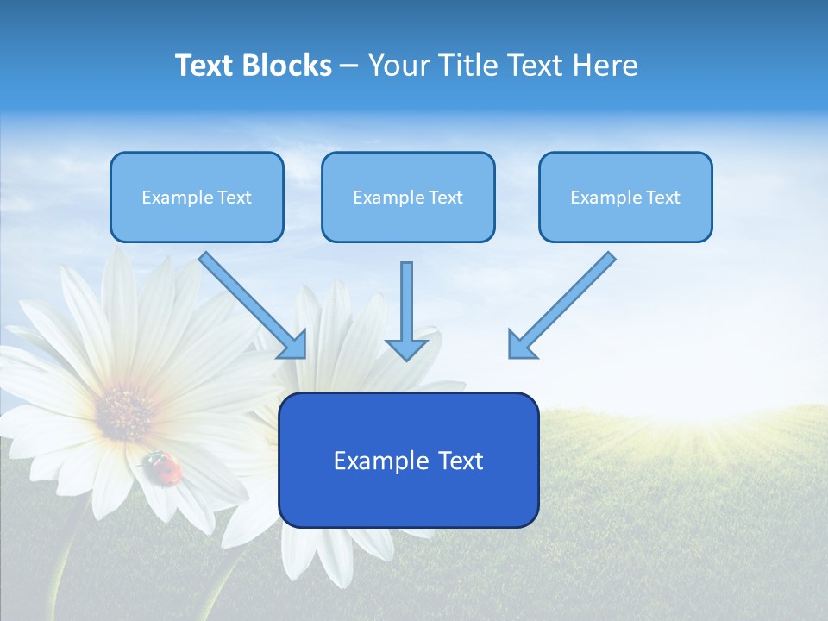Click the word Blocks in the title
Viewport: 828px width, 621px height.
pos(286,66)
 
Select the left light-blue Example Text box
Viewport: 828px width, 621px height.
pos(197,197)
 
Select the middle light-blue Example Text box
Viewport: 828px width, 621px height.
pos(408,197)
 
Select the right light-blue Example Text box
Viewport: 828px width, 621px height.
pos(625,197)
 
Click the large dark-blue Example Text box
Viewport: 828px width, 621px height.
pos(408,460)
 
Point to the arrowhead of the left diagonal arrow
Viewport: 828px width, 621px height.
pos(293,344)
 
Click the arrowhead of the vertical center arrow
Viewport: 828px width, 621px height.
pos(406,348)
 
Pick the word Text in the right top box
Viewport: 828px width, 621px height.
pos(662,198)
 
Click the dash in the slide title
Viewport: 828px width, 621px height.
pos(348,66)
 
